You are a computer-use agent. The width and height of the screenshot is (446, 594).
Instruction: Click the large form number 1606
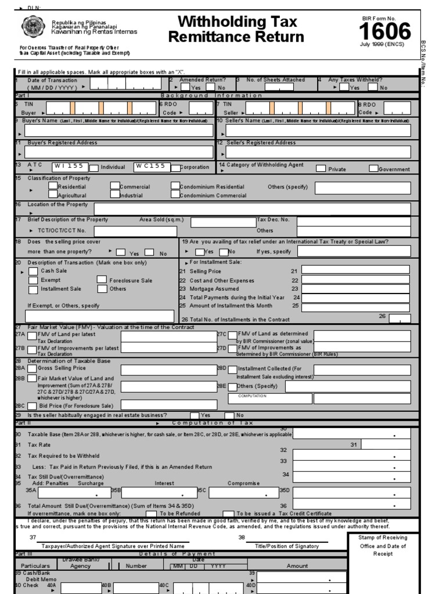point(385,31)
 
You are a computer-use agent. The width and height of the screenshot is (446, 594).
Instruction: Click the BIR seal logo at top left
point(32,27)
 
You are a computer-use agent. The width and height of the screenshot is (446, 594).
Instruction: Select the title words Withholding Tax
point(237,22)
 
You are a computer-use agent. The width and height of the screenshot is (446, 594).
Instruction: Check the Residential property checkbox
point(53,187)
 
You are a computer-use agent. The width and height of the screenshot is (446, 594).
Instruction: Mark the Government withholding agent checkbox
point(373,169)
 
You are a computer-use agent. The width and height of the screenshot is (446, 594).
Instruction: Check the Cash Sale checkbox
point(33,271)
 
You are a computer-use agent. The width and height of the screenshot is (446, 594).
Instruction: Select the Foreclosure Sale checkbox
point(102,280)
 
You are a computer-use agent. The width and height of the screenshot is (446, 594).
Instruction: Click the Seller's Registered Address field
point(318,153)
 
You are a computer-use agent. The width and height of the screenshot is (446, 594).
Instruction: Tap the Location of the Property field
point(251,209)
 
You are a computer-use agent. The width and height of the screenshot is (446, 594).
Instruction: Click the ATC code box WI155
point(70,166)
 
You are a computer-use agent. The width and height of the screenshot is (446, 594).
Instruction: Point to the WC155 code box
point(152,166)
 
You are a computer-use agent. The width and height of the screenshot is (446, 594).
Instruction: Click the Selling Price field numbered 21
point(355,270)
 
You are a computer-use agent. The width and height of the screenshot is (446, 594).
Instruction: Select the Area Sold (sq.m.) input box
point(223,222)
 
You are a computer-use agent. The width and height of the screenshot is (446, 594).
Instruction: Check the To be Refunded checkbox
point(151,514)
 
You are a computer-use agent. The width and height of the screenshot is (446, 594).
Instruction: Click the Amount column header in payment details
point(297,566)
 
